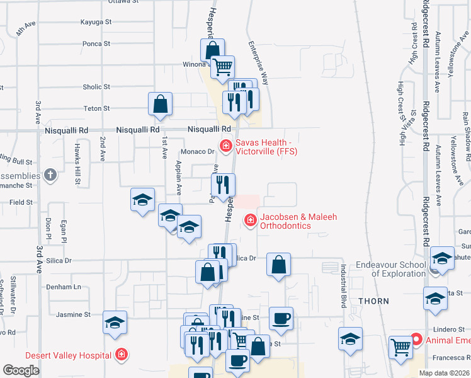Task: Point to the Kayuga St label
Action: (96, 21)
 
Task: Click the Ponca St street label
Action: (96, 44)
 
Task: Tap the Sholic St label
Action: (96, 87)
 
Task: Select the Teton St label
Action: (96, 108)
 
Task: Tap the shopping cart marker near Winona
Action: (222, 67)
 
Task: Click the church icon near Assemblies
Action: (50, 175)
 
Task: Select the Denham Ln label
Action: (64, 287)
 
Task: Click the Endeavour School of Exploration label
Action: (390, 269)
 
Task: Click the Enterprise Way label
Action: (258, 63)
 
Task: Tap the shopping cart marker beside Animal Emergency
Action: (400, 347)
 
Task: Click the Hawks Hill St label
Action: (77, 170)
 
